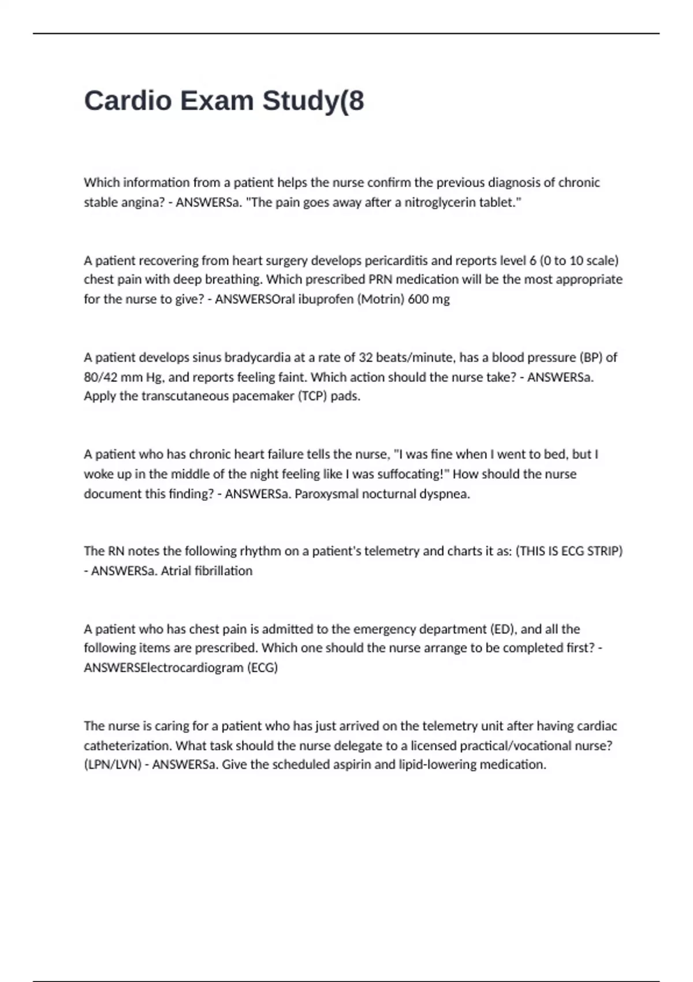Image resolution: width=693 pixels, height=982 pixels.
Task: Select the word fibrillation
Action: tap(223, 571)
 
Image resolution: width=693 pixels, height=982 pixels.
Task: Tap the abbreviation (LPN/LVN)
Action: tap(113, 765)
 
